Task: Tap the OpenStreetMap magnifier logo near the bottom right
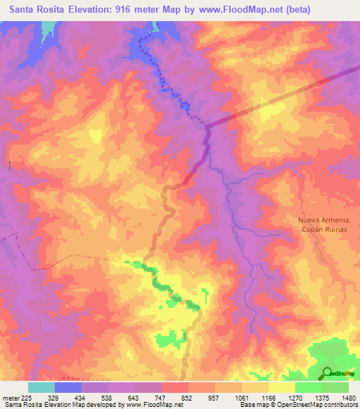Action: click(x=328, y=373)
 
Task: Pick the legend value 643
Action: click(x=134, y=397)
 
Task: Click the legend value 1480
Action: click(x=348, y=397)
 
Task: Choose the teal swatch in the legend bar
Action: click(x=41, y=387)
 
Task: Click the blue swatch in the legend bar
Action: click(x=68, y=387)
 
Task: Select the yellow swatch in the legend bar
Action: click(x=282, y=387)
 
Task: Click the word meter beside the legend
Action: click(x=12, y=397)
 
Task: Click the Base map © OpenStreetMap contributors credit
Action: click(x=297, y=405)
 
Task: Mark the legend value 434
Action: click(x=81, y=397)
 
